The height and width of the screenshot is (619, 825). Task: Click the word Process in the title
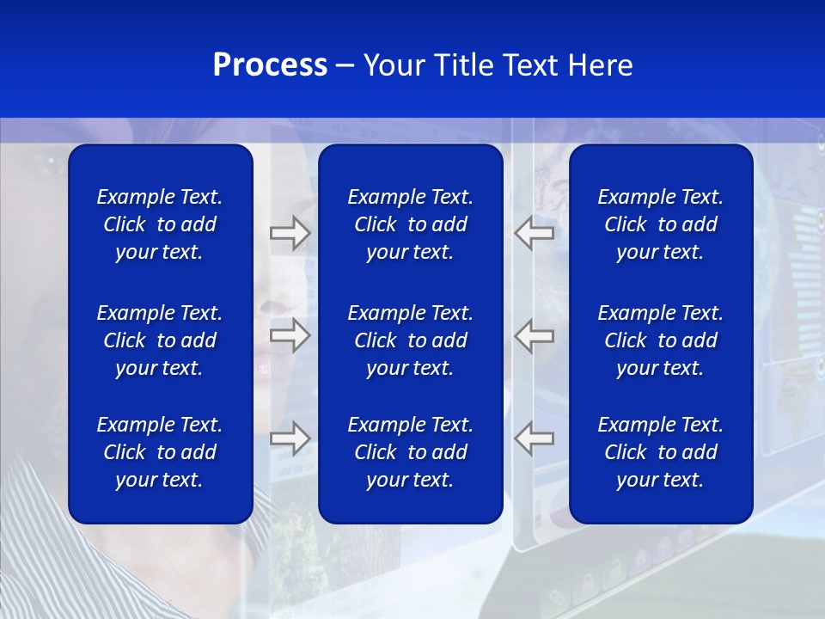270,65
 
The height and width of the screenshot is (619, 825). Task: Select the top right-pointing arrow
290,232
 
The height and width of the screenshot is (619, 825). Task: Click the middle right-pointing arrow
290,335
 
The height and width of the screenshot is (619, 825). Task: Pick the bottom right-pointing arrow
290,438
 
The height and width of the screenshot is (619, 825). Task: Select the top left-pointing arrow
535,232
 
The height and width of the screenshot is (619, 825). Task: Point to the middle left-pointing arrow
535,335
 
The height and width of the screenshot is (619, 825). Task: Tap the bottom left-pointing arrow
535,438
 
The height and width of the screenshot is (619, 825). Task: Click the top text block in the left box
160,224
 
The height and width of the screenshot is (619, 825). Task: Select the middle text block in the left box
160,340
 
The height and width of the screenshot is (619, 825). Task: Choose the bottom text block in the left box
160,452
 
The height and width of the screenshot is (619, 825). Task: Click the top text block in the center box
410,224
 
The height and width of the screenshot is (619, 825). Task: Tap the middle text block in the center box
410,340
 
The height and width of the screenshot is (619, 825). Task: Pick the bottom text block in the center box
410,452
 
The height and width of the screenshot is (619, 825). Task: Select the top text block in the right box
660,224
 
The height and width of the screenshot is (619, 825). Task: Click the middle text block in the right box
660,340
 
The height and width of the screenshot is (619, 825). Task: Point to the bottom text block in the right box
660,452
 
